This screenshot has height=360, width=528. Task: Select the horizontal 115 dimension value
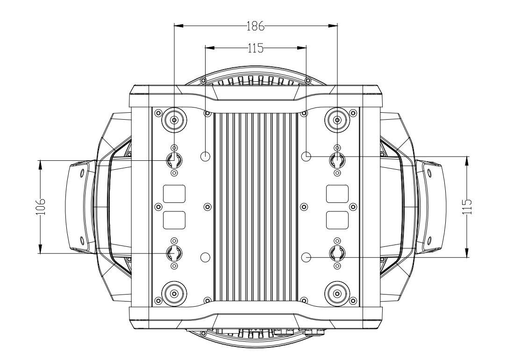(255, 47)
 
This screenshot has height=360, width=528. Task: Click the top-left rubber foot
(174, 121)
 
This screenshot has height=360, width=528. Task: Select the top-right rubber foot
(337, 121)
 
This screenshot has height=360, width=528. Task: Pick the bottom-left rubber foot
(174, 294)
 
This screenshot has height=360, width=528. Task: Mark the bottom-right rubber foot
(337, 294)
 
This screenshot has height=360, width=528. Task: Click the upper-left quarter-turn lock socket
(174, 160)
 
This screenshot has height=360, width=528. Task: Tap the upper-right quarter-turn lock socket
(337, 160)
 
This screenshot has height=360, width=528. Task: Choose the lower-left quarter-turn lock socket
(174, 253)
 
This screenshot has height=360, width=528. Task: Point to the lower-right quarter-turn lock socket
(337, 253)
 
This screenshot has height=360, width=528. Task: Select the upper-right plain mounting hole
(306, 156)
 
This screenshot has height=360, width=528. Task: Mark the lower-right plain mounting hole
(306, 257)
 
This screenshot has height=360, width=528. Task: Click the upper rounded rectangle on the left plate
(174, 194)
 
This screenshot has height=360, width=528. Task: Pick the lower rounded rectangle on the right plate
(337, 220)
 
